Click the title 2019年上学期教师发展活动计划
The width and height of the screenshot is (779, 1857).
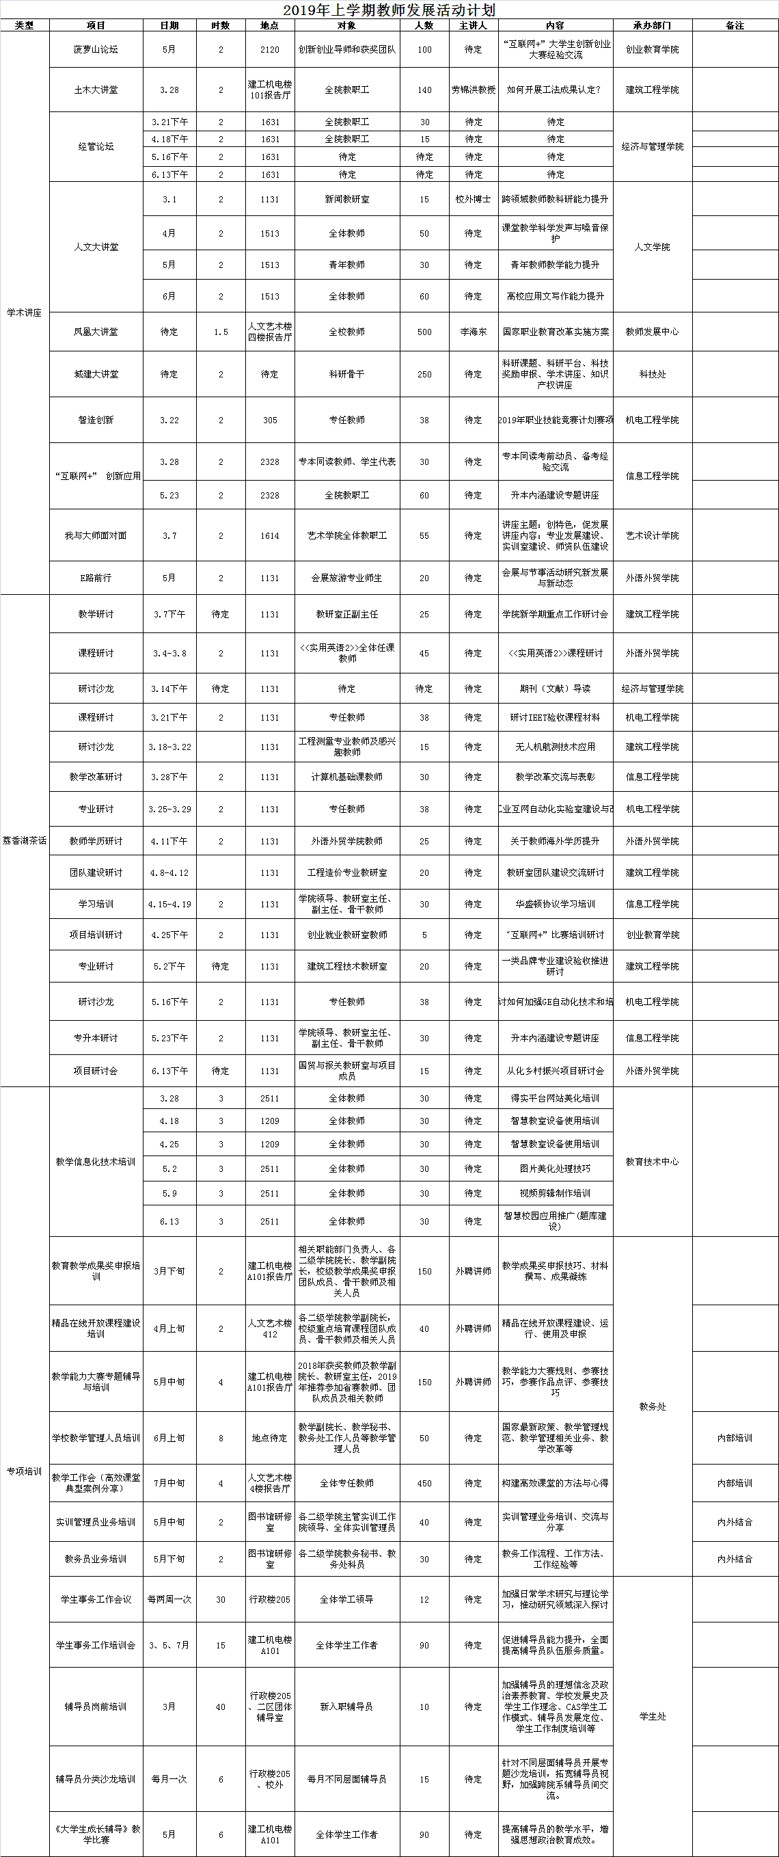(389, 10)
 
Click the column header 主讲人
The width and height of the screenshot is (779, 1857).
(473, 25)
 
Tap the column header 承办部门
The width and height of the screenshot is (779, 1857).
(652, 25)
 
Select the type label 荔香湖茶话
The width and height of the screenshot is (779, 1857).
(25, 840)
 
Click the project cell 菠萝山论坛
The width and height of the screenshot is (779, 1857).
(96, 50)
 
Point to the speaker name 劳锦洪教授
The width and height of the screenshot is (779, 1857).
(473, 90)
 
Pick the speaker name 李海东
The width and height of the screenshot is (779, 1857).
(473, 332)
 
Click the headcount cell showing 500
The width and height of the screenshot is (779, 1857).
(424, 332)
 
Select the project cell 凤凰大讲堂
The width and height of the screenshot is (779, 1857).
(96, 332)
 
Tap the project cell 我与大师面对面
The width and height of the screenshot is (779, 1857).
(96, 535)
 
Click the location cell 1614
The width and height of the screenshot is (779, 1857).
(269, 535)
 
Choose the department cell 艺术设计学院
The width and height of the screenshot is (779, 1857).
(652, 535)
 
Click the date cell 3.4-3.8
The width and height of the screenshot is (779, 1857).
(169, 653)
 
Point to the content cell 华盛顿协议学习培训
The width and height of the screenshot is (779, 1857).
(555, 904)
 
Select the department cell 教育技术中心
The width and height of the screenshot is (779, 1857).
(652, 1162)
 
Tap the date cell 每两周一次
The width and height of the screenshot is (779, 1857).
(169, 1599)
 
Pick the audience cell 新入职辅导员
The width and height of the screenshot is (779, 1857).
(346, 1707)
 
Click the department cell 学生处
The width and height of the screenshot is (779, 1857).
(652, 1716)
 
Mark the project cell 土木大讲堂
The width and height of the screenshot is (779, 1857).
(96, 90)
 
